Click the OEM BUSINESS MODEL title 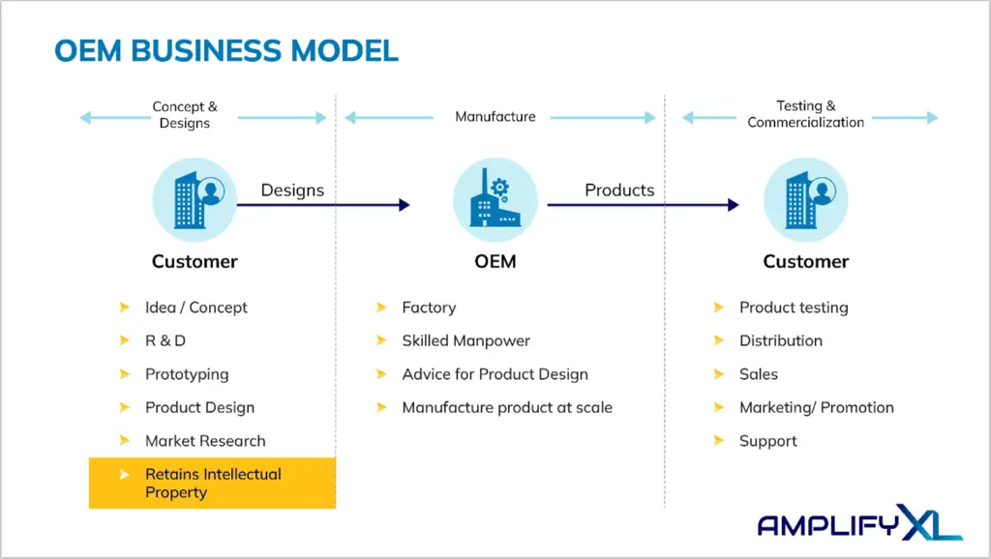coord(226,51)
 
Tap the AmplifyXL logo coord(859,522)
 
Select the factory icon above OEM coord(495,199)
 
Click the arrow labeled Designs coord(323,205)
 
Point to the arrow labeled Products coord(643,205)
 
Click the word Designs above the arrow coord(292,191)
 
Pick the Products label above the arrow coord(619,191)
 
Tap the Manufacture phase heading coord(495,116)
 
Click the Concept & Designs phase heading coord(185,114)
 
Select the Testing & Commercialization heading coord(806,114)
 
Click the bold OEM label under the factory coord(495,261)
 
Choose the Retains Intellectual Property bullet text coord(213,484)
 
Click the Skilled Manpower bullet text coord(465,341)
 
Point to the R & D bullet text coord(165,341)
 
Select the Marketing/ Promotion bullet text coord(817,407)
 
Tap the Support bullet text coord(767,441)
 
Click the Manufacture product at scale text coord(507,407)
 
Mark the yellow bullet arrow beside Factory coord(381,308)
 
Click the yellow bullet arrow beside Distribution coord(719,340)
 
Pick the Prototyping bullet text coord(187,374)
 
